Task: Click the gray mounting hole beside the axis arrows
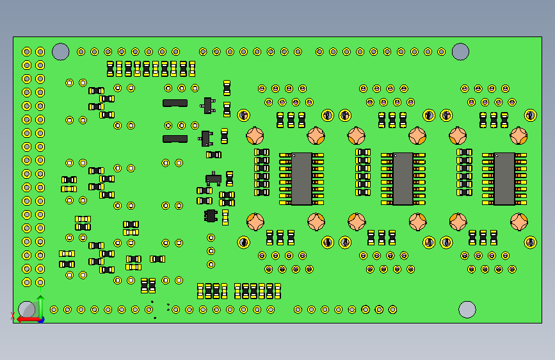click(x=26, y=309)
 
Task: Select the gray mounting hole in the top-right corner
click(x=460, y=52)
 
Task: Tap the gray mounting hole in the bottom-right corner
click(x=467, y=309)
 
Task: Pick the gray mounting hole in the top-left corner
click(x=60, y=52)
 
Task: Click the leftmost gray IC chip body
click(x=302, y=179)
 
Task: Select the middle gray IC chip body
click(x=403, y=179)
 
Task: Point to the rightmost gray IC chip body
click(x=504, y=179)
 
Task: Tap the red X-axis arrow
click(x=26, y=318)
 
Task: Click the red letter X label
click(x=13, y=315)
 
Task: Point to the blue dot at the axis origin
click(x=41, y=319)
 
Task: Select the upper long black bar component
click(x=175, y=102)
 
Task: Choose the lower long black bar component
click(x=175, y=138)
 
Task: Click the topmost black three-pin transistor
click(x=207, y=104)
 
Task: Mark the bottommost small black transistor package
click(x=211, y=215)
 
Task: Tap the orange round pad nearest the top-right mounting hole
click(x=519, y=136)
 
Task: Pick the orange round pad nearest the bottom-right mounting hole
click(x=519, y=222)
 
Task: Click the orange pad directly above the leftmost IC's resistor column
click(x=255, y=136)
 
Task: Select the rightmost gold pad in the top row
click(x=442, y=52)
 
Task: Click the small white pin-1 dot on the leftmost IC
click(x=294, y=155)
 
